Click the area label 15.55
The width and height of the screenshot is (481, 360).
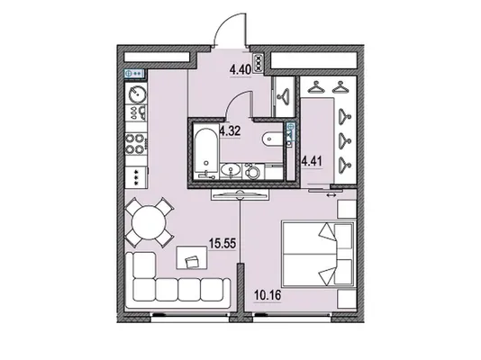pyautogui.click(x=222, y=244)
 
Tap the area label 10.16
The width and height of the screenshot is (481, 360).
pyautogui.click(x=268, y=296)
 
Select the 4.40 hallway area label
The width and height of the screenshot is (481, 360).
pyautogui.click(x=240, y=70)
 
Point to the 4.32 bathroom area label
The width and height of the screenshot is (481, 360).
pyautogui.click(x=230, y=131)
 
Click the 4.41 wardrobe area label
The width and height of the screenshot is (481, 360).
pyautogui.click(x=312, y=161)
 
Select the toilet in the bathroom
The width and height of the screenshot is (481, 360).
pyautogui.click(x=273, y=139)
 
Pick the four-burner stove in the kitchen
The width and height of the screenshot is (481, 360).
pyautogui.click(x=136, y=144)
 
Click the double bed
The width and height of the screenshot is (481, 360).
pyautogui.click(x=319, y=255)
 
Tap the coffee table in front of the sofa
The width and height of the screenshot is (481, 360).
pyautogui.click(x=192, y=257)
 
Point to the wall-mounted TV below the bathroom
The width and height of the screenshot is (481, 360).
pyautogui.click(x=240, y=194)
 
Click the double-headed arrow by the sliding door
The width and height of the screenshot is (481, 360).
pyautogui.click(x=331, y=195)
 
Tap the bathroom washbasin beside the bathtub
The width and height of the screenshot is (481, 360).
pyautogui.click(x=231, y=170)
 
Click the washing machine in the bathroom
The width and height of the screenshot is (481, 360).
pyautogui.click(x=253, y=171)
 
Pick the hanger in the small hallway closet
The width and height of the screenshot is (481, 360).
pyautogui.click(x=285, y=94)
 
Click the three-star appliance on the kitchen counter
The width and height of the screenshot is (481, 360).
pyautogui.click(x=137, y=178)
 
